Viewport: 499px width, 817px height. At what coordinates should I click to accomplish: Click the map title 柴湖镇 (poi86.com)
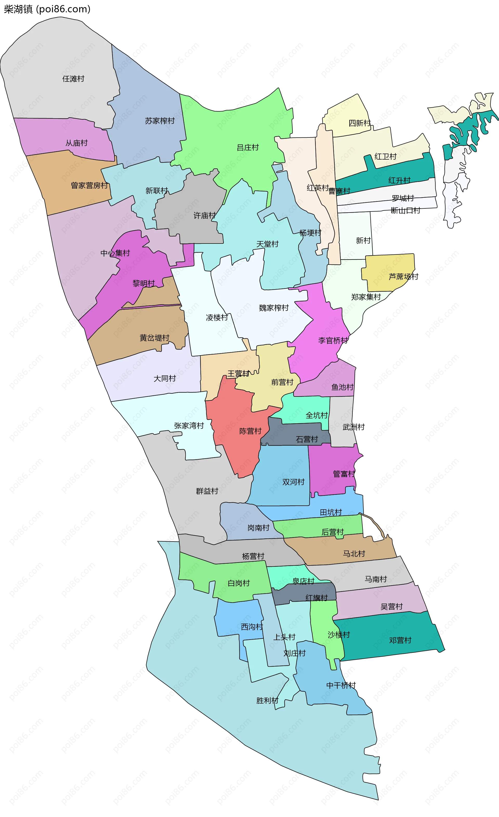[47, 9]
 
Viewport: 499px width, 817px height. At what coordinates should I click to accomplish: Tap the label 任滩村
[73, 79]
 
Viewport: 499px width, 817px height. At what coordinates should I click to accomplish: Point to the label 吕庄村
[248, 148]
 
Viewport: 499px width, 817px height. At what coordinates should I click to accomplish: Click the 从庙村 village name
[77, 143]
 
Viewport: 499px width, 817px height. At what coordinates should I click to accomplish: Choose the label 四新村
[359, 123]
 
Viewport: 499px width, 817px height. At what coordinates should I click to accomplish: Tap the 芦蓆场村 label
[403, 276]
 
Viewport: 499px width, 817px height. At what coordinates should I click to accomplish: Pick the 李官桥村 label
[333, 340]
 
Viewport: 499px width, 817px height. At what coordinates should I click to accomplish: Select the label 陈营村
[250, 431]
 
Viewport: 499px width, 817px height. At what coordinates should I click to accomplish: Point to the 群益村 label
[207, 491]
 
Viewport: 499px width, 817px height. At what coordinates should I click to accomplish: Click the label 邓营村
[400, 640]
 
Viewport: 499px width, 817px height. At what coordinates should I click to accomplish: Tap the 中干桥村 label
[341, 685]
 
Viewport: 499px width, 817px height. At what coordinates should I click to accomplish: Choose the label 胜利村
[267, 700]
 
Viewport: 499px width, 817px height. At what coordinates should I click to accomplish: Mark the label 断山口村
[405, 210]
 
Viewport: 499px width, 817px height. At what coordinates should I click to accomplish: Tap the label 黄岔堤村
[154, 338]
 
